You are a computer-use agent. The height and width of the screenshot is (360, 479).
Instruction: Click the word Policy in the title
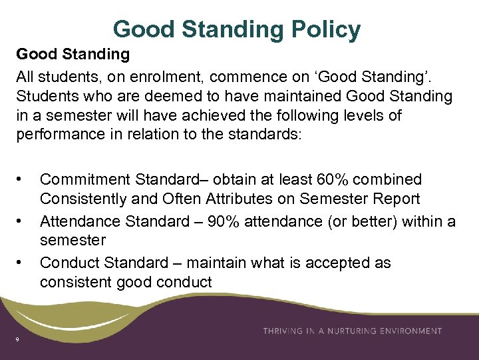[326, 29]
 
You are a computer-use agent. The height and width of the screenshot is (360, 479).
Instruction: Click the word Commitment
[85, 179]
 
